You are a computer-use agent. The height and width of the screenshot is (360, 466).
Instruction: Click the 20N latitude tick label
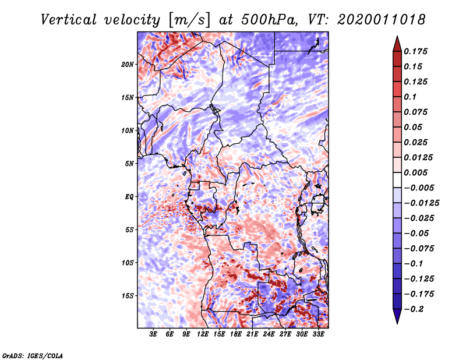coord(128,64)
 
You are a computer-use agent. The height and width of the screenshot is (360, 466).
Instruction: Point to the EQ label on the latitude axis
coord(129,197)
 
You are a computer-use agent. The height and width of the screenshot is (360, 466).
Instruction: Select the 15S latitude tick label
coord(128,296)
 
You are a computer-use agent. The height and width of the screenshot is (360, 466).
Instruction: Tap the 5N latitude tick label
coord(129,164)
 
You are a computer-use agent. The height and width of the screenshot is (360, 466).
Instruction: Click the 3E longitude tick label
coord(153,335)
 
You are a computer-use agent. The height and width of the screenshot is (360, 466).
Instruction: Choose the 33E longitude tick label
coord(319,335)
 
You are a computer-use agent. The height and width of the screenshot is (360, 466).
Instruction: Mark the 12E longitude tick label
coord(203,335)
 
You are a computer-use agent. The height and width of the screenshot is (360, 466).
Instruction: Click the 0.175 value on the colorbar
coord(417,52)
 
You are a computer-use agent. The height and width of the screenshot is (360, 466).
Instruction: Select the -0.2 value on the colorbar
coord(416,309)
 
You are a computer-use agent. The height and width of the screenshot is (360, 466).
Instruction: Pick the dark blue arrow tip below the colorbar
coord(396,317)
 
